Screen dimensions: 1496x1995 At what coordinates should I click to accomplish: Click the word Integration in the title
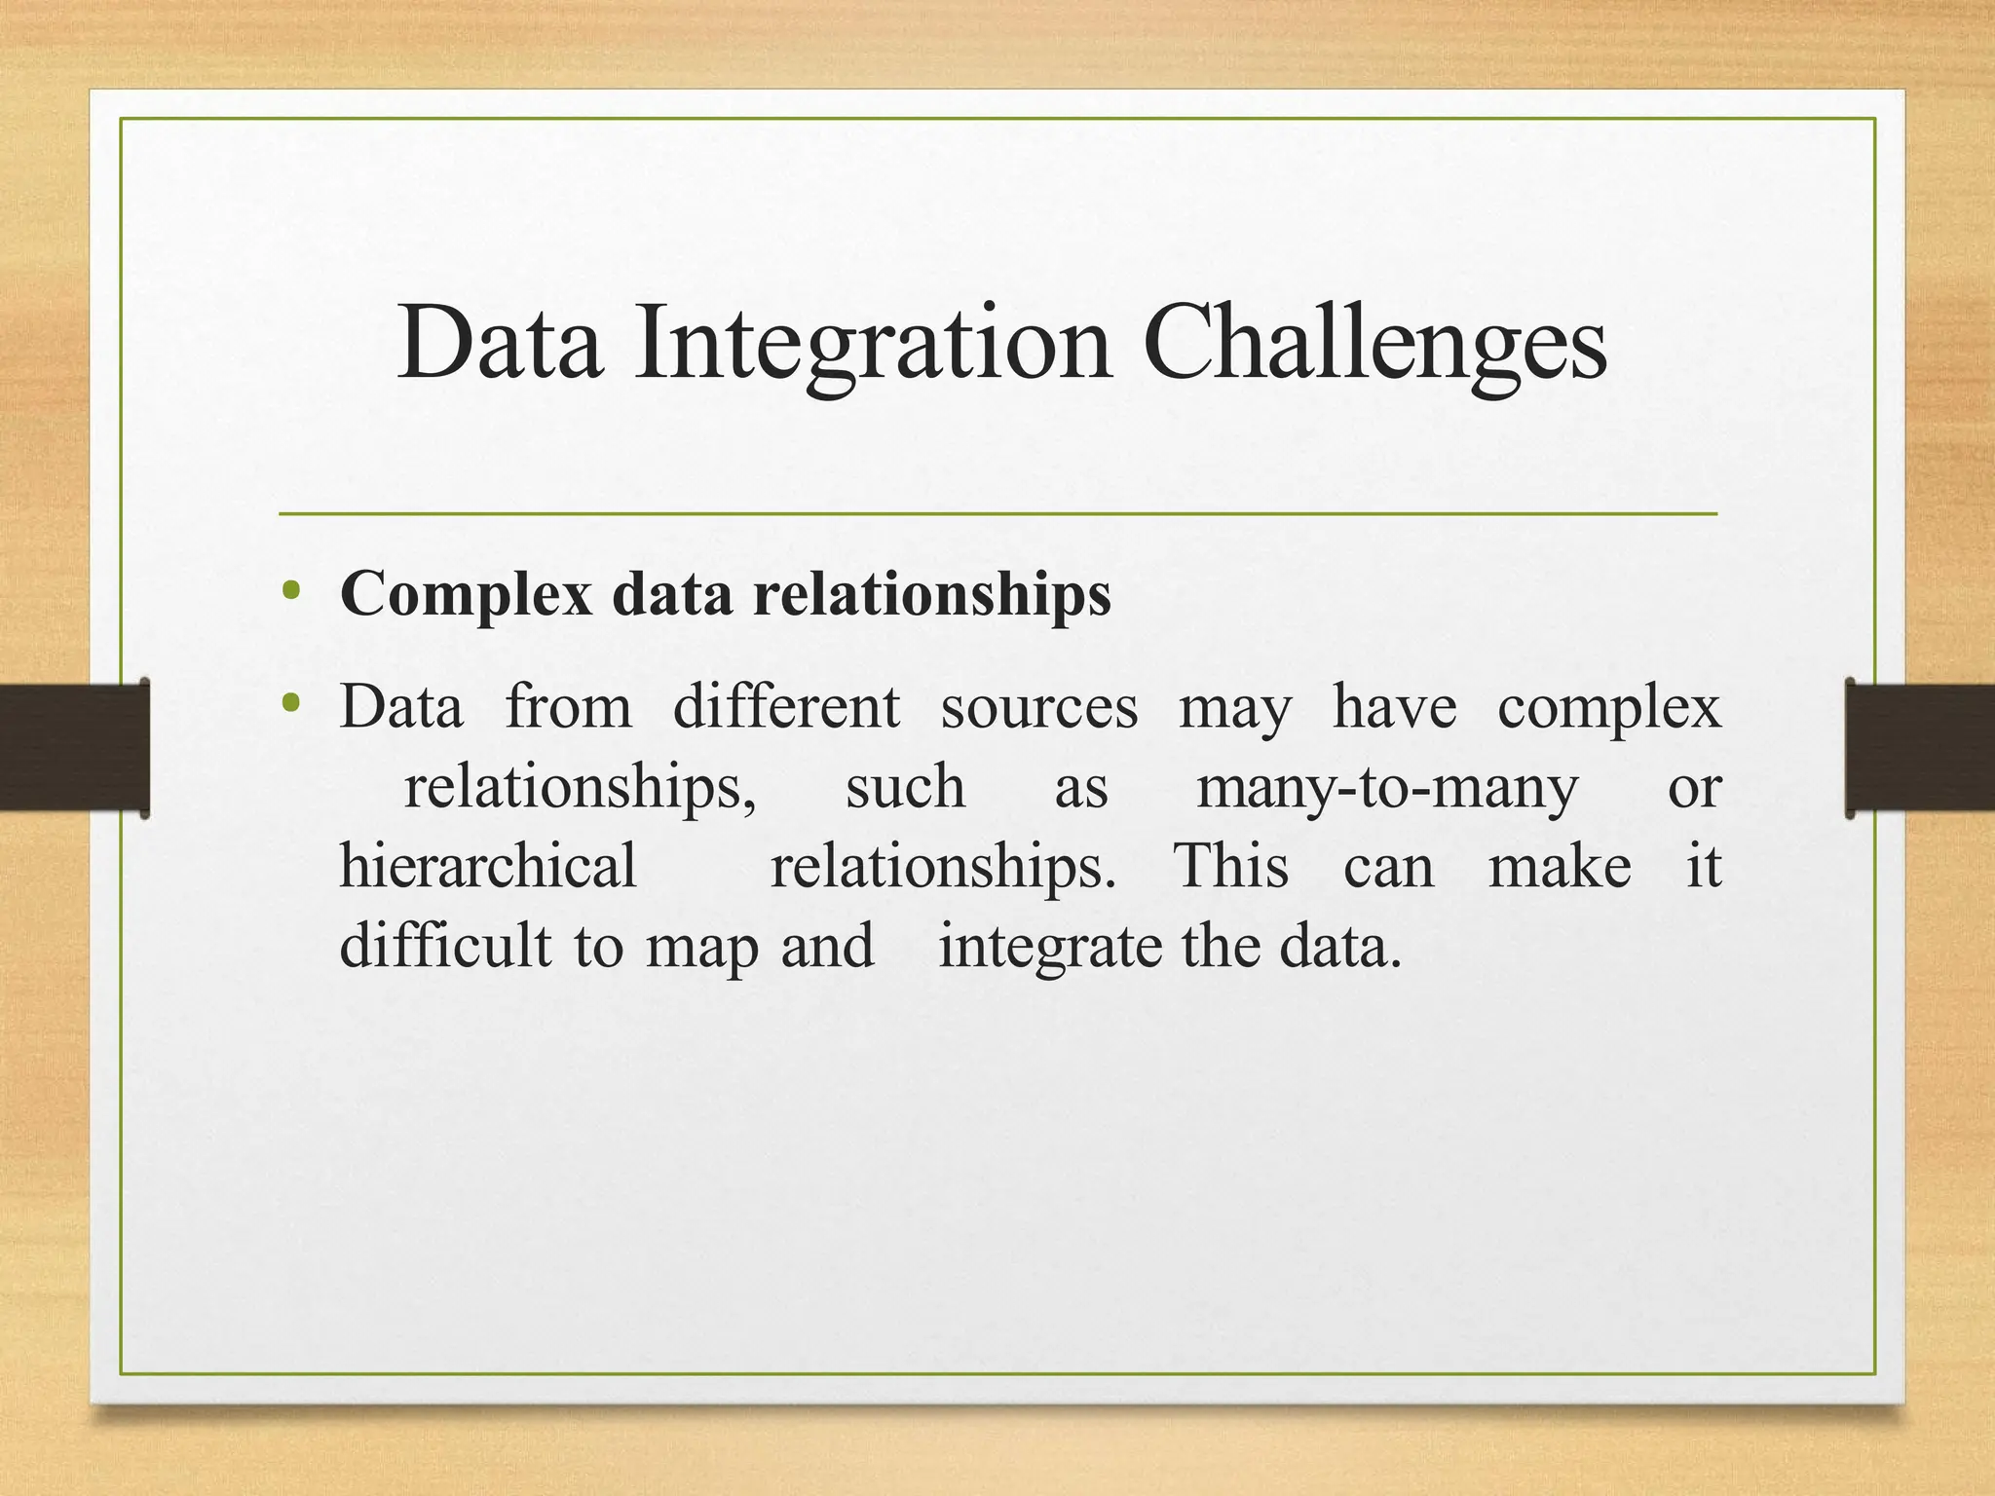tap(872, 343)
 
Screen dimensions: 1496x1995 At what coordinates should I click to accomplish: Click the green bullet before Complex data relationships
tap(289, 590)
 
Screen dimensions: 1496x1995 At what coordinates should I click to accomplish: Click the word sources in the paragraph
tap(1038, 708)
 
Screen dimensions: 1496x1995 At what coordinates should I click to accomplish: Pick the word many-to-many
tap(1386, 787)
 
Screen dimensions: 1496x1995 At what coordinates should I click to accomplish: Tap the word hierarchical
tap(487, 865)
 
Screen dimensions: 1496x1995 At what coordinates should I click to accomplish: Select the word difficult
tap(444, 945)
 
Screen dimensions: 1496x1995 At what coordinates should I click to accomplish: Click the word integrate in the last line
tap(1049, 947)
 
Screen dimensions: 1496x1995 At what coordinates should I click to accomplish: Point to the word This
tap(1230, 865)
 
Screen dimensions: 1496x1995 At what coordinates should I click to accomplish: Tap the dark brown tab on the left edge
tap(73, 747)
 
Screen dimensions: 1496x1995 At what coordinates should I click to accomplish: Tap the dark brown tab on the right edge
tap(1919, 747)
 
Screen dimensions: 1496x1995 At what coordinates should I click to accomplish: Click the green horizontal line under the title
tap(997, 513)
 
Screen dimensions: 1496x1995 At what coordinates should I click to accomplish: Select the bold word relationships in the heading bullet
tap(931, 594)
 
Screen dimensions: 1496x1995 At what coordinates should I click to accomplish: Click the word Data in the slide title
tap(499, 343)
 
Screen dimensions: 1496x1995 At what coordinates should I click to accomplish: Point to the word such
tap(904, 787)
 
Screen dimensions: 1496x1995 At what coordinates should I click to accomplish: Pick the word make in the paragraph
tap(1559, 865)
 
